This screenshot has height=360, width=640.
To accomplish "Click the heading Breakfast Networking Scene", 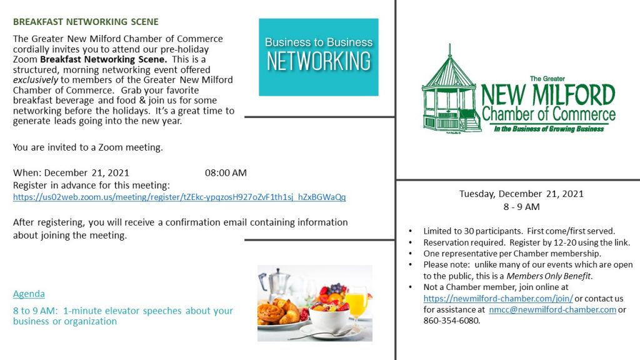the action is click(86, 22).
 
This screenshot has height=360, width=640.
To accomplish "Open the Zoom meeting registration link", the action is click(179, 197).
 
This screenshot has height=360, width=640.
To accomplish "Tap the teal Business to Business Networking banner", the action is click(318, 57).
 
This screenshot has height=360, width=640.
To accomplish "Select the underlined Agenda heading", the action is click(29, 294).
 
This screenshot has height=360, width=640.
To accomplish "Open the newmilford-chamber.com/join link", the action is click(498, 298).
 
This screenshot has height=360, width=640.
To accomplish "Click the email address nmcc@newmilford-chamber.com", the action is click(552, 309).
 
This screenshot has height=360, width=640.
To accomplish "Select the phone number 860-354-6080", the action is click(451, 321).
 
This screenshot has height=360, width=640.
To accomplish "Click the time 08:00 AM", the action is click(226, 172).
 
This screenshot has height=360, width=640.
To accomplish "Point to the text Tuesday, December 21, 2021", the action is click(521, 194).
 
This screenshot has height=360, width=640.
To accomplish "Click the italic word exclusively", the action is click(36, 80).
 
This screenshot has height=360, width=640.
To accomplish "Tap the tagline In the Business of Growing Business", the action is click(549, 129).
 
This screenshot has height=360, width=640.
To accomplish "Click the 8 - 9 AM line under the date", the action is click(521, 207).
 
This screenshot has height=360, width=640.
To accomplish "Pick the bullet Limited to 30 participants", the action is click(472, 231).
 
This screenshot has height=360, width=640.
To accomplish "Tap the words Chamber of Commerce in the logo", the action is click(549, 114).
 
